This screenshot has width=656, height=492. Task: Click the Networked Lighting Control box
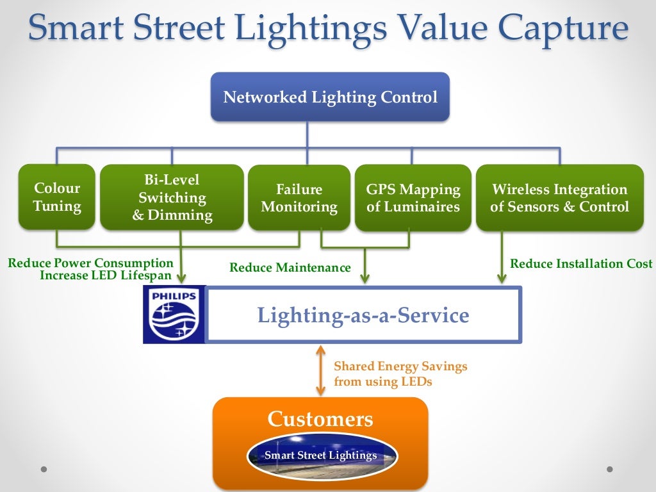(x=330, y=97)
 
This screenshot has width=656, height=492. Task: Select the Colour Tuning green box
(x=57, y=197)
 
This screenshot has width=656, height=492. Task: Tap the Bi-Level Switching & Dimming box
(x=172, y=197)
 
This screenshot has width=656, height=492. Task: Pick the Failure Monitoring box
(x=299, y=198)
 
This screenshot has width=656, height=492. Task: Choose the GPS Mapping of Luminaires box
(x=413, y=198)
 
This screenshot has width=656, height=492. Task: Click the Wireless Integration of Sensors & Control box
(x=559, y=198)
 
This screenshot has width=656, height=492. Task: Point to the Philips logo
(x=174, y=315)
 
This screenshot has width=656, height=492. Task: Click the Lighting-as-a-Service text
(x=363, y=315)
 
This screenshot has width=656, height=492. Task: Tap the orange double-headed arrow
(x=320, y=371)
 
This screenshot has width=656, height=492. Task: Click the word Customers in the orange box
(x=320, y=419)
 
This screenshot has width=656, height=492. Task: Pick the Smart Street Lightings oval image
(x=322, y=455)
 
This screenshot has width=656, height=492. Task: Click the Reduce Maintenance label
(x=290, y=268)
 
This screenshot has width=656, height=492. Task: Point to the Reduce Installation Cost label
(x=581, y=263)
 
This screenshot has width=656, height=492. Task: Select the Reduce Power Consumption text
(x=90, y=263)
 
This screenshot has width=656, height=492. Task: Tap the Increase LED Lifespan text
(x=106, y=275)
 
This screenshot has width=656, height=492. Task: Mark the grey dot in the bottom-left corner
(x=44, y=469)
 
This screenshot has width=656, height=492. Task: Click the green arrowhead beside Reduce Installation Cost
(x=502, y=277)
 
